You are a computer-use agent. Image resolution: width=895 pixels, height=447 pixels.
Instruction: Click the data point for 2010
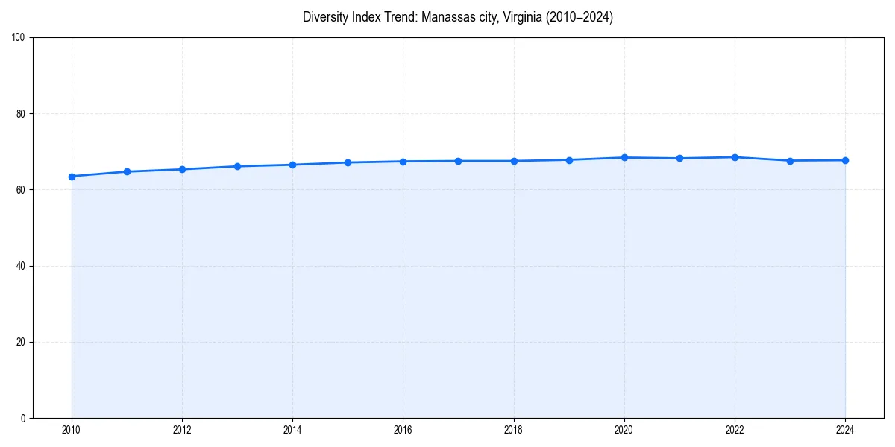coord(72,177)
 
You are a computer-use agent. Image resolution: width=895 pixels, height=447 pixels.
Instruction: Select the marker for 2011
coord(127,172)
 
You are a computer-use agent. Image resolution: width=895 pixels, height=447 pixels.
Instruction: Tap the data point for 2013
coord(237,166)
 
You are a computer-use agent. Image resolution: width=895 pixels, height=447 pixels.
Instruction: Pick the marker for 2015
coord(348,162)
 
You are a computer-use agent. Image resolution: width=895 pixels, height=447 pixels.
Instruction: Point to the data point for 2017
coord(459,161)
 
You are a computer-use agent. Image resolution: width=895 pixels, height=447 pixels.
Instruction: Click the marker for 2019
coord(569,160)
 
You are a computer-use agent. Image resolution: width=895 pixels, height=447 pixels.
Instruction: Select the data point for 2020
coord(624,158)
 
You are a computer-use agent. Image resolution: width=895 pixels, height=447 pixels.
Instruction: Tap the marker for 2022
coord(735,157)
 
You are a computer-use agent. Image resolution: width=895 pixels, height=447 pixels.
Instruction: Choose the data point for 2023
coord(790,161)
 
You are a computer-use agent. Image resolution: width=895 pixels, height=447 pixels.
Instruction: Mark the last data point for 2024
coord(845,160)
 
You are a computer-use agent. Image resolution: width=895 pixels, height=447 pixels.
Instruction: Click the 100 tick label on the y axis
coord(19,38)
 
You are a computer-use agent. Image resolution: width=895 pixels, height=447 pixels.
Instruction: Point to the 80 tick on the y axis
coord(21,114)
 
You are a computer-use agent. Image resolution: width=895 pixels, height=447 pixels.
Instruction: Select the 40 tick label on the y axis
coord(21,266)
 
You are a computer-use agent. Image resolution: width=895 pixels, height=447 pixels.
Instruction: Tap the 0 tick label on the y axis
coord(23,418)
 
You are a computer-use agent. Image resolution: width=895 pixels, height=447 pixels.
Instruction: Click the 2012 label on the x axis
coord(182,430)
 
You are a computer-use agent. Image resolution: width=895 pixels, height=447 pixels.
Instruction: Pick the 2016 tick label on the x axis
coord(403,430)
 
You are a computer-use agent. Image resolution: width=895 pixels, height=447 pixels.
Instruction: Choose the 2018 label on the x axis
coord(514,430)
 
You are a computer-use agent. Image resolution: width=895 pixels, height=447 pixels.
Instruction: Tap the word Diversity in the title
coord(326,18)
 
